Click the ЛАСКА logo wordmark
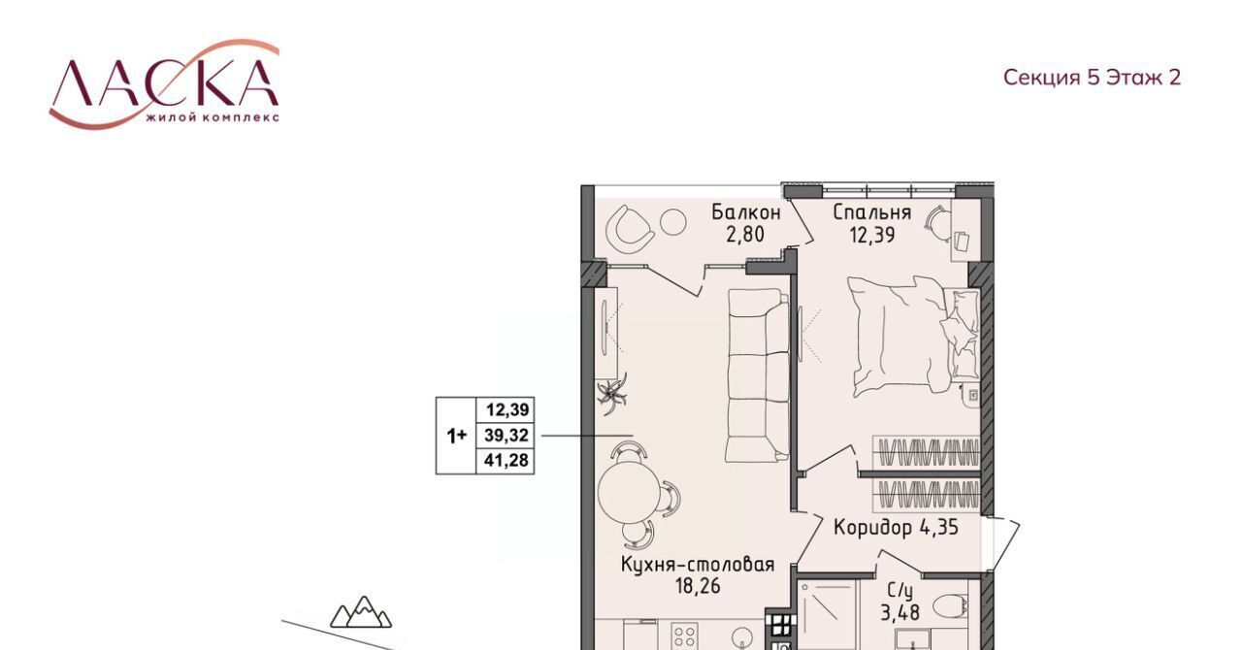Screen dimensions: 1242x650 164,83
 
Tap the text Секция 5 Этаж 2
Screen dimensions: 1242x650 1092,77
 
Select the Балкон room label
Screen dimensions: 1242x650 746,211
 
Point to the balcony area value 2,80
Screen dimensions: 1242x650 745,235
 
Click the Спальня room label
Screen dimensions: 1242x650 872,211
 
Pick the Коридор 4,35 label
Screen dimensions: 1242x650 896,527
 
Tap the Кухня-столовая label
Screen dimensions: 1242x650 698,565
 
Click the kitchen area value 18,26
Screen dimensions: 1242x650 698,586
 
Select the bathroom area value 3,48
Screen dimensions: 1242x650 899,613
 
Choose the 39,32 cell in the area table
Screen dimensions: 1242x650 506,436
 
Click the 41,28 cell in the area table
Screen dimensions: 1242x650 506,460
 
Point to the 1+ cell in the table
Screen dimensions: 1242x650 456,436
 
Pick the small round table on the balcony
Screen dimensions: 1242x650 673,223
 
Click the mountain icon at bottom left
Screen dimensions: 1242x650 361,612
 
